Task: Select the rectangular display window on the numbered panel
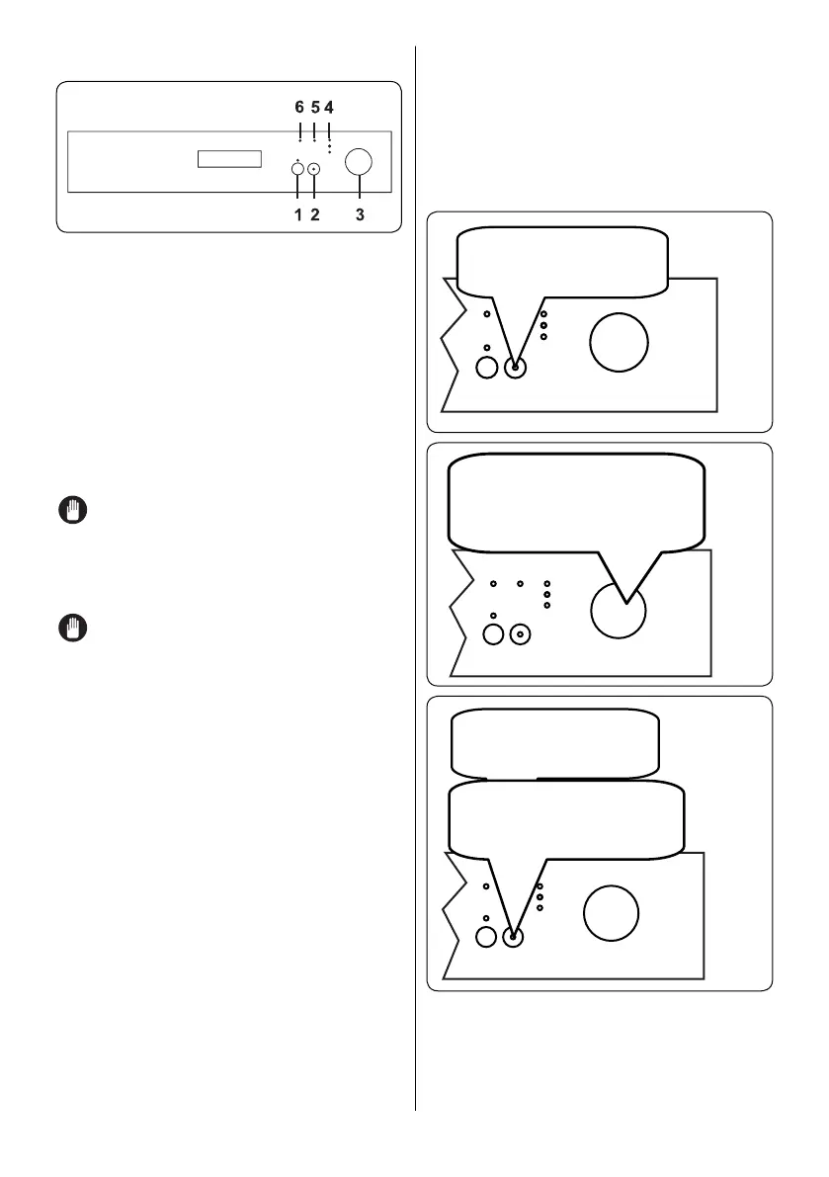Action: tap(229, 160)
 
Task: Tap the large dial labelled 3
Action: tap(360, 163)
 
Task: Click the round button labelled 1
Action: tap(298, 170)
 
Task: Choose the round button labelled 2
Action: tap(314, 170)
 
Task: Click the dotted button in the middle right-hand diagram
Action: tap(521, 634)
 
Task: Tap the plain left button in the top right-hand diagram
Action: tap(487, 368)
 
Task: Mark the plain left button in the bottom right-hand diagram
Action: tap(485, 935)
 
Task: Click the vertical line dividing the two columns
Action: tap(416, 593)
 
